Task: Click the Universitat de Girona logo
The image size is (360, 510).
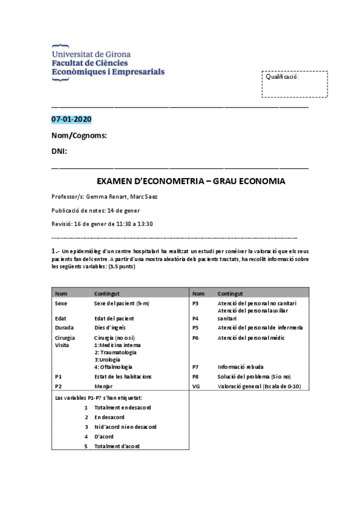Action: point(107,60)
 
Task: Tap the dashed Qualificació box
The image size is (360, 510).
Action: point(294,84)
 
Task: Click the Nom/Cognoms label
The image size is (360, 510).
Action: point(79,135)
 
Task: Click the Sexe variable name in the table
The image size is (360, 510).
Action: point(61,304)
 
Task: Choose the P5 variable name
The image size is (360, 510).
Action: point(195,328)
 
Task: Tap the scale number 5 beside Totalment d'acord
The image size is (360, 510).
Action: point(87,446)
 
